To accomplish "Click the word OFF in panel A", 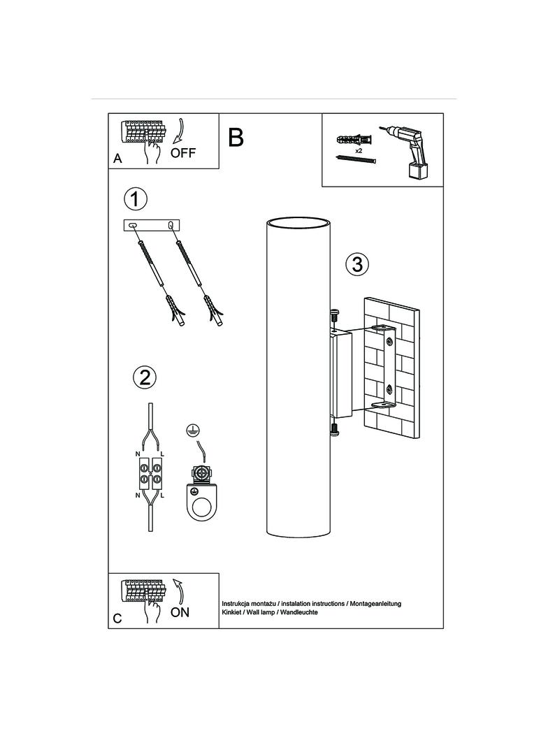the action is pyautogui.click(x=183, y=153).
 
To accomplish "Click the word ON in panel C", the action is pyautogui.click(x=180, y=612).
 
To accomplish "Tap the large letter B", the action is pyautogui.click(x=236, y=137).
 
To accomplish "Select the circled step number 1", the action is pyautogui.click(x=136, y=199).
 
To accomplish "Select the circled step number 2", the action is pyautogui.click(x=145, y=377).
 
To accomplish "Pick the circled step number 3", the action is pyautogui.click(x=357, y=263).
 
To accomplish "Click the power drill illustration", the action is pyautogui.click(x=406, y=152).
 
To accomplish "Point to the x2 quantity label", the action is pyautogui.click(x=359, y=150).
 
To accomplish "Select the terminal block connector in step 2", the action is pyautogui.click(x=151, y=474).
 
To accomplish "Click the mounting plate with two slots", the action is pyautogui.click(x=152, y=225).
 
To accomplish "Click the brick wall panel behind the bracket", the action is pyautogui.click(x=392, y=369).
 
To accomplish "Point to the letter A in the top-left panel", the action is pyautogui.click(x=117, y=159).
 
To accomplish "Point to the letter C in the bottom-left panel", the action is pyautogui.click(x=117, y=619).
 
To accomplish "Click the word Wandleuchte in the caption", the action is pyautogui.click(x=299, y=612).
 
